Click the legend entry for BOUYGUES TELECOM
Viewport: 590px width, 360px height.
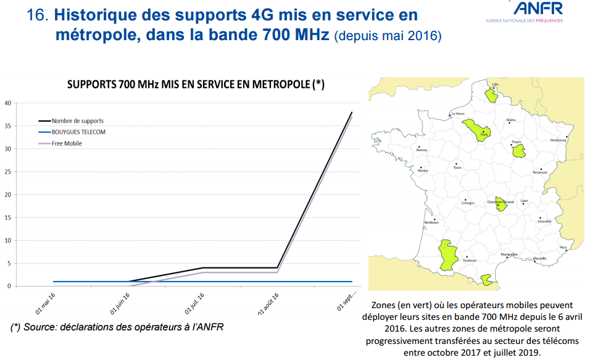click(x=78, y=132)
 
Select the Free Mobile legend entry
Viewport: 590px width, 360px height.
click(x=67, y=143)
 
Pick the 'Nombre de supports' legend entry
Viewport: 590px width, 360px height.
click(x=77, y=121)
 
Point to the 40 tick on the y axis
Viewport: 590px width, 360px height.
click(x=7, y=103)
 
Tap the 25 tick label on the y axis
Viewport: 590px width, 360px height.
click(x=7, y=172)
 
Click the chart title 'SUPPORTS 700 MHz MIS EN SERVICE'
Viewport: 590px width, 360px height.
click(x=195, y=85)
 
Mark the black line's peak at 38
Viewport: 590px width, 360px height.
click(x=352, y=112)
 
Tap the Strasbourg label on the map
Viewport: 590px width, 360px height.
click(x=559, y=140)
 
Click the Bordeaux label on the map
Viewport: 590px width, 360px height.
click(x=431, y=222)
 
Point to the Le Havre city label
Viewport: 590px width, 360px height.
click(x=458, y=114)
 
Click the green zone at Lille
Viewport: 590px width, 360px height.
click(x=492, y=94)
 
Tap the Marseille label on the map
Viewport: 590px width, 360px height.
click(x=539, y=258)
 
